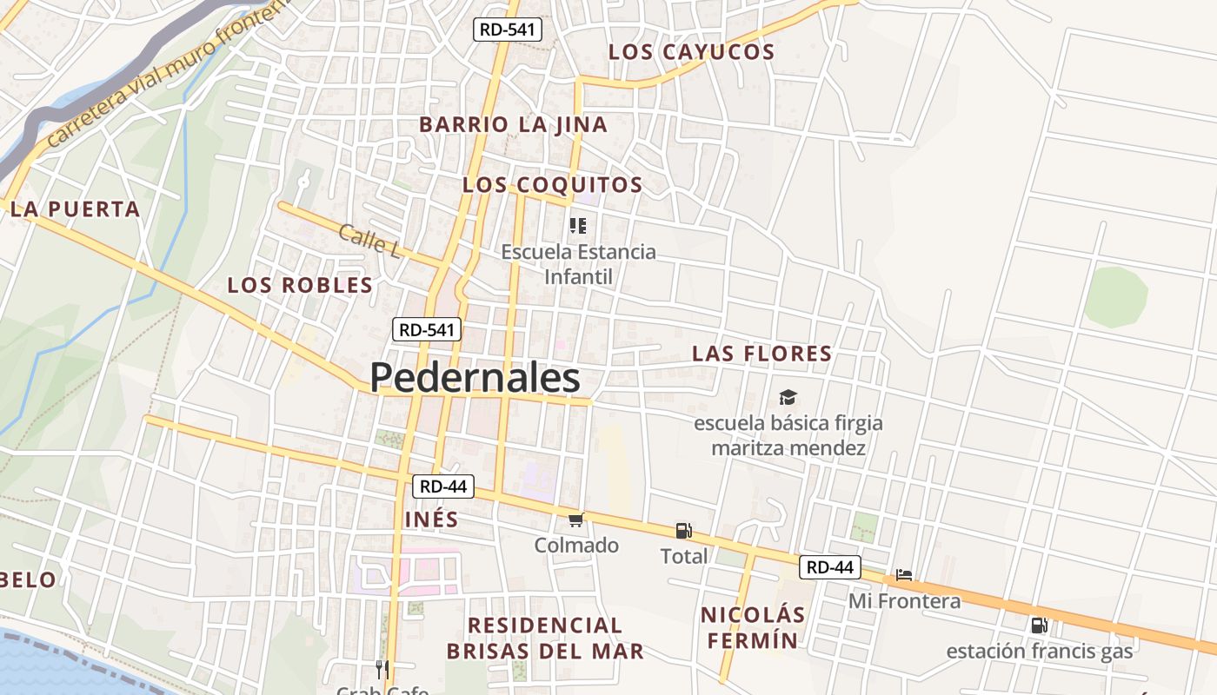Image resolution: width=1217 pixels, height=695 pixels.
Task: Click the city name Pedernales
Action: click(x=475, y=378)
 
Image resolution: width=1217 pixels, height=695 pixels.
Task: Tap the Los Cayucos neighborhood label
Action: click(x=691, y=52)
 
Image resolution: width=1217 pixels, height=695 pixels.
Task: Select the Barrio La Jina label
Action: click(x=513, y=124)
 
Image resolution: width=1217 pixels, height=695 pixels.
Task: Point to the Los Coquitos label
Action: click(x=552, y=185)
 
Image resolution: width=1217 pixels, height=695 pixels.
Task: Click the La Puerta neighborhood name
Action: click(x=76, y=208)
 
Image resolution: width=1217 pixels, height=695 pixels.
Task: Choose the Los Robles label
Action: click(x=300, y=285)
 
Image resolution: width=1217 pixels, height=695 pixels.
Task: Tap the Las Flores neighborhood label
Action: click(x=761, y=354)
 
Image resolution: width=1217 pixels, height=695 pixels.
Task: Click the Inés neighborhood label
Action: click(x=432, y=520)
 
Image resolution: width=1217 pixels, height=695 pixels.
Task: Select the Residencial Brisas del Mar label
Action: click(x=545, y=638)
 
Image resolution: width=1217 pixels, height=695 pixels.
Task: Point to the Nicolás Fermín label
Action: click(x=753, y=627)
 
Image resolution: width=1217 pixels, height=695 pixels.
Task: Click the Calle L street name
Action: click(x=369, y=241)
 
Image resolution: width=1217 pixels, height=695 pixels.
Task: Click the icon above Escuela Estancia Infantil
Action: click(x=578, y=226)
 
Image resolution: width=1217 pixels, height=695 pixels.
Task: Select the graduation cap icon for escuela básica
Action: click(x=788, y=398)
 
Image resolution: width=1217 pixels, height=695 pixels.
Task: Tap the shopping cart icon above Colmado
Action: click(x=575, y=520)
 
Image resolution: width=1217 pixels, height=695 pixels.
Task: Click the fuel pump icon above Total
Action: click(x=683, y=531)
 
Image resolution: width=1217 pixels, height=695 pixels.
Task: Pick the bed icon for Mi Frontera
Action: click(x=904, y=575)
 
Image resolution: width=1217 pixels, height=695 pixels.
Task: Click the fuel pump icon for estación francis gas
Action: click(x=1039, y=625)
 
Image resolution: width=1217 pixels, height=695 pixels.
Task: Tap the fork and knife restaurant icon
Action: click(x=382, y=669)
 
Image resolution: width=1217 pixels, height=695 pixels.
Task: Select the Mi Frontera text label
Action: click(x=904, y=601)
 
